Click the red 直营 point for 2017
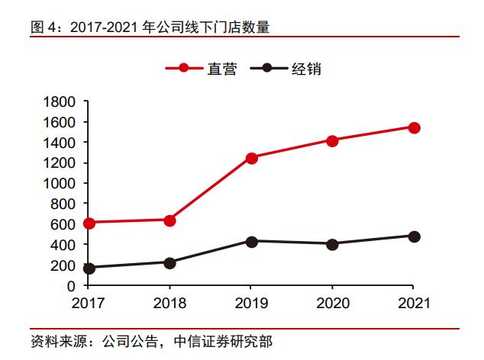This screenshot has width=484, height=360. point(89,223)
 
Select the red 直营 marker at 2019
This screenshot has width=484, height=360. point(251,158)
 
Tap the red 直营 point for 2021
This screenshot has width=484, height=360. point(414,127)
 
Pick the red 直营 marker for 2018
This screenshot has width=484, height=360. point(169,220)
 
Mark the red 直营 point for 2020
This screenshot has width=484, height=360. point(332,140)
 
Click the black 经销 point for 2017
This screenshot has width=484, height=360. point(89,268)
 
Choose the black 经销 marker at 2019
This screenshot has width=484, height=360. point(251,241)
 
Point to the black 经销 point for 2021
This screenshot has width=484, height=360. point(414,236)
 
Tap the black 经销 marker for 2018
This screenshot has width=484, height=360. point(169,262)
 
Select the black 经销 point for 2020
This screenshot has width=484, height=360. point(332,244)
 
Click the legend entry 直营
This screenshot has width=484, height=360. point(221,69)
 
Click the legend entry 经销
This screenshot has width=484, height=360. point(305,69)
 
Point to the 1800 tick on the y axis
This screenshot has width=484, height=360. point(60,101)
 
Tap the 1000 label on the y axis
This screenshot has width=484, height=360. point(60,183)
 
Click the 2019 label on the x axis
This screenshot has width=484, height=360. point(251,304)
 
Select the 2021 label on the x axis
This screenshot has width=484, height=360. point(414,304)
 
